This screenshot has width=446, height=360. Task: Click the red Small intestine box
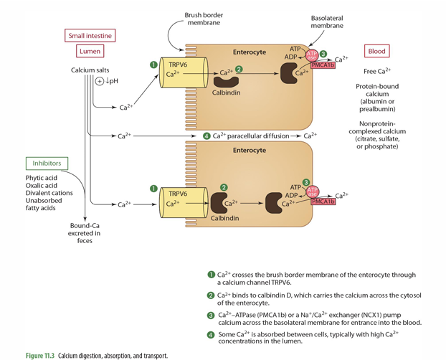[90, 36]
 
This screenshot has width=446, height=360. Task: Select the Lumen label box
[90, 52]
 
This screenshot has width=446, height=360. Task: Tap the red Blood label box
[376, 52]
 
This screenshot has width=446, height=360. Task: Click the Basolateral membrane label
[326, 21]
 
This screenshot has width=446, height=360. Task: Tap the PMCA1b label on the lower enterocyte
[323, 202]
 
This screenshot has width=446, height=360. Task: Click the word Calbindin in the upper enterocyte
[226, 93]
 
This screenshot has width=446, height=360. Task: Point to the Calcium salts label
[89, 70]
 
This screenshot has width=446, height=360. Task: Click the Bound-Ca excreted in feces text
[85, 233]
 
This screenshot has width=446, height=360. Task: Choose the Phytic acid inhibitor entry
[42, 177]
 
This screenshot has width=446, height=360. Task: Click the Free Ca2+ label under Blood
[377, 71]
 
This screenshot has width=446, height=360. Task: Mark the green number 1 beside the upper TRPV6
[153, 65]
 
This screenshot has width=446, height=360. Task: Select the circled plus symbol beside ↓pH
[100, 81]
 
